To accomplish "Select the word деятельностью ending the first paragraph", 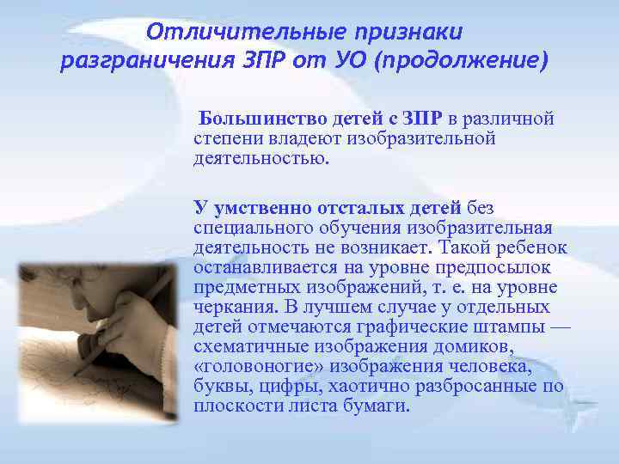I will tap(260, 158).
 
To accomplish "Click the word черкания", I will tap(230, 307).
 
